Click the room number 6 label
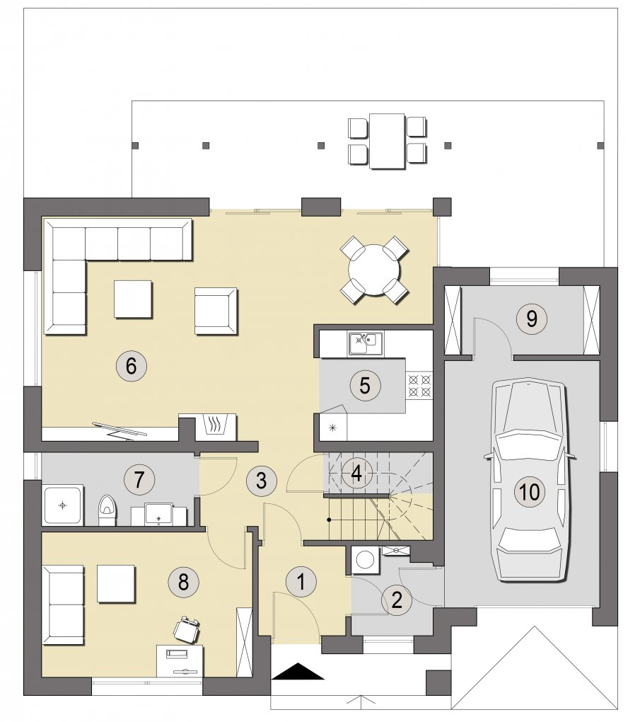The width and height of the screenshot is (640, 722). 131,367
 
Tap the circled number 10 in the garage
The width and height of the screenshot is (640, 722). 529,491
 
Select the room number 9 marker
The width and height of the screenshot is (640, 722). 531,319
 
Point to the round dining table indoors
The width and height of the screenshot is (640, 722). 373,270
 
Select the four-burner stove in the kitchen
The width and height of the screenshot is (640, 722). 419,385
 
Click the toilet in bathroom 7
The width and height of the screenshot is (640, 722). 107,510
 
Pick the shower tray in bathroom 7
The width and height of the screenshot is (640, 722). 62,505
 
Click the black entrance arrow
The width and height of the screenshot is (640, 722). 298,670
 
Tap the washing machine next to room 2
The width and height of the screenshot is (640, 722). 366,560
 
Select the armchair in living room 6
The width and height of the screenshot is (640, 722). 215,311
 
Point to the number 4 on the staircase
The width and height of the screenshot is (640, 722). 356,473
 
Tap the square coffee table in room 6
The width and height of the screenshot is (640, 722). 134,299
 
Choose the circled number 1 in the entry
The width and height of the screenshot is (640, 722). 301,582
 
